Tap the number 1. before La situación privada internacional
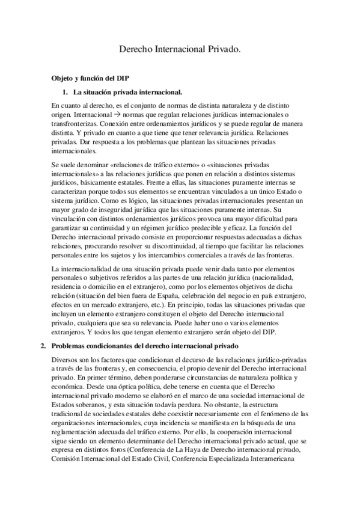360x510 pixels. [x=66, y=92]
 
